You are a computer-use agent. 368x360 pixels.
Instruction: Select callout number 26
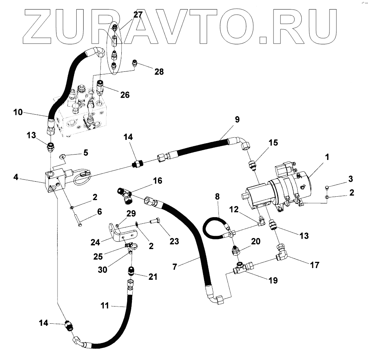(x=125, y=95)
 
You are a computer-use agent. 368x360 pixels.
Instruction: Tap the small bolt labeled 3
(x=327, y=188)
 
